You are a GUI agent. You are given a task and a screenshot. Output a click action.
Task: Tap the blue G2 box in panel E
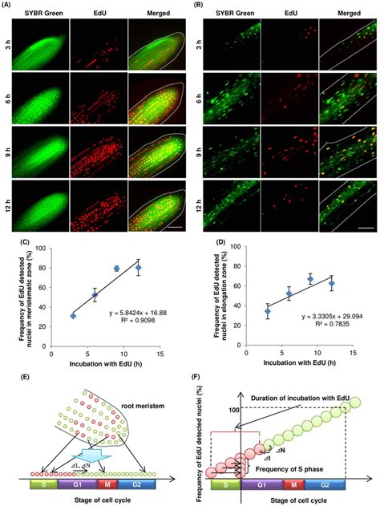160,485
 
